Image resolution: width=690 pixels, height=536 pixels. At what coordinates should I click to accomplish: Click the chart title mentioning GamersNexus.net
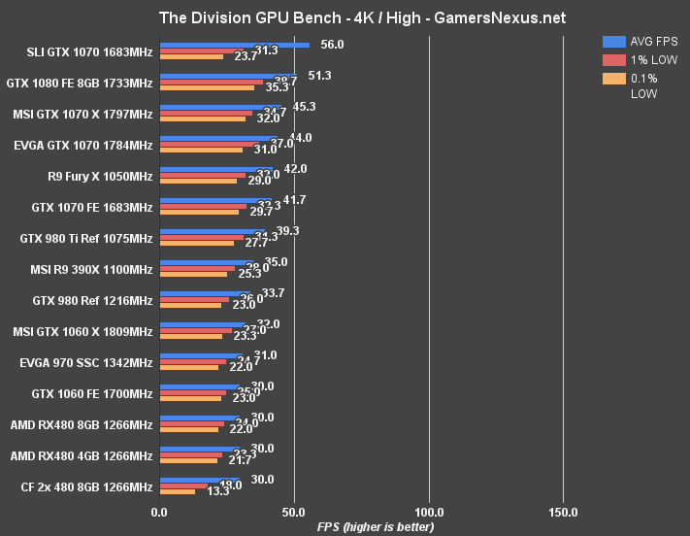tap(345, 17)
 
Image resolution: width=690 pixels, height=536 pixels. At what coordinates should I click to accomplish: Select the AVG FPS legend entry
tap(641, 41)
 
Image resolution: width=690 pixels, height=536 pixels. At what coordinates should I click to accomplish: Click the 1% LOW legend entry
tap(641, 59)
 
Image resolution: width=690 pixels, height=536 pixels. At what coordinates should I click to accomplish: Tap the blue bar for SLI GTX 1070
tap(234, 44)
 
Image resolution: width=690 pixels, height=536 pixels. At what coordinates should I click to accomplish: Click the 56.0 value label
tap(332, 44)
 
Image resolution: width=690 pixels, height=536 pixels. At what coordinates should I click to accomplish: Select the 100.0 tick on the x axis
tap(429, 512)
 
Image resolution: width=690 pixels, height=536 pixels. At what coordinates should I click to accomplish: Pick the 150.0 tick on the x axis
tap(564, 512)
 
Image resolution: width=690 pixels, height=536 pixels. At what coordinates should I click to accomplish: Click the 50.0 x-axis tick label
tap(294, 512)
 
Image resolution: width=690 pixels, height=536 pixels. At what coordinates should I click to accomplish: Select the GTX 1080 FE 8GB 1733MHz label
tap(79, 84)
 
